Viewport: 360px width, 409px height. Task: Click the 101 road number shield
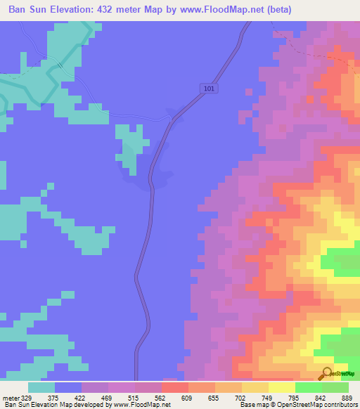point(207,89)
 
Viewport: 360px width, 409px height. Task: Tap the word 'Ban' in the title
point(19,10)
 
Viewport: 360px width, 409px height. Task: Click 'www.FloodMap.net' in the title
point(218,10)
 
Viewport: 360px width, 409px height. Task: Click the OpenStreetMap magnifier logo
point(328,373)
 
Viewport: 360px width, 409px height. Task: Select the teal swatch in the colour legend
point(41,387)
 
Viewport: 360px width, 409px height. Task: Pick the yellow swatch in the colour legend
point(282,387)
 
